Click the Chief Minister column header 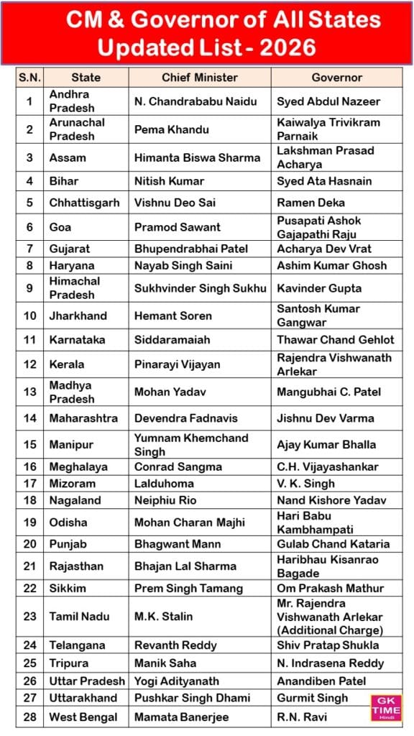pos(199,78)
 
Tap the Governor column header pos(336,78)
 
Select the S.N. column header pos(29,78)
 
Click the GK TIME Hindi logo pos(386,707)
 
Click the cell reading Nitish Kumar pos(169,181)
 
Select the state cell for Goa pos(60,227)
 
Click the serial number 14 pos(29,418)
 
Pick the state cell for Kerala pos(67,364)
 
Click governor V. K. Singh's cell pos(305,484)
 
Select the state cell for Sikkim pos(68,588)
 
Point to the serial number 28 pos(29,717)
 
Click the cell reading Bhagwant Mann pos(167,544)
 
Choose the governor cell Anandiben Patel pos(321,681)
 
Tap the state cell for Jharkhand pos(78,316)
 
